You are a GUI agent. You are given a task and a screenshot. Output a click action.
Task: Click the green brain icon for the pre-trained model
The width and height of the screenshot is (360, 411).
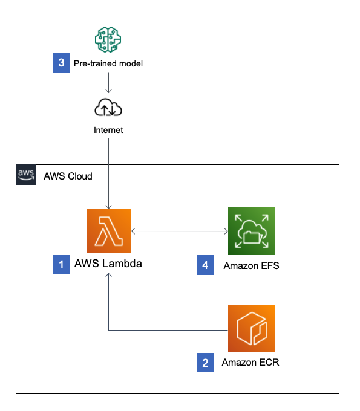[x=108, y=39]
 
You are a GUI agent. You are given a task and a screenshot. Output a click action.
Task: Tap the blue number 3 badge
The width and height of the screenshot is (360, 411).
[x=62, y=62]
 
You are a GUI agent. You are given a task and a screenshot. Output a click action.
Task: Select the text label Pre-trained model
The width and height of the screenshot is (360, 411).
[x=108, y=63]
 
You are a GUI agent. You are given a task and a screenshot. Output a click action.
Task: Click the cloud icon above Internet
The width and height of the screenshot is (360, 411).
[x=108, y=107]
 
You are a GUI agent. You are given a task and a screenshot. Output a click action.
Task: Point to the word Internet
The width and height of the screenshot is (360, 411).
[x=108, y=130]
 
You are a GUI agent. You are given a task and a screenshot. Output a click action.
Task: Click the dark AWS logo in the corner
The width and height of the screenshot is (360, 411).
[x=26, y=175]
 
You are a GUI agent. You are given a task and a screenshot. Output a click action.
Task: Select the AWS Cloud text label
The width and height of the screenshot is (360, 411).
[x=68, y=176]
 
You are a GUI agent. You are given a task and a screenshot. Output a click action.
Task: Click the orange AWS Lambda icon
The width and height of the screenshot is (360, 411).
[x=108, y=231]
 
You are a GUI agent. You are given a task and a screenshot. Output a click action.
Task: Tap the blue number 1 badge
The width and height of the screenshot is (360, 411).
[x=62, y=265]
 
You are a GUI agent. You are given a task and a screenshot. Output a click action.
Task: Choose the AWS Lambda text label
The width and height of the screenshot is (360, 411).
[x=108, y=264]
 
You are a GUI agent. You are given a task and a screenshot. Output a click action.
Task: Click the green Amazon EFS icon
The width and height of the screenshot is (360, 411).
[x=252, y=231]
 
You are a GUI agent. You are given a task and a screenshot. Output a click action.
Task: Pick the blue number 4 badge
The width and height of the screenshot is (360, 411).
[x=206, y=265]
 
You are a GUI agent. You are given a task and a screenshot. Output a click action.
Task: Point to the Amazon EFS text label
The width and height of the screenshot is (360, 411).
[x=251, y=265]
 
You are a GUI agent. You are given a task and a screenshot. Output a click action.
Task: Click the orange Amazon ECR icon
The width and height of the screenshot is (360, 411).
[x=252, y=328]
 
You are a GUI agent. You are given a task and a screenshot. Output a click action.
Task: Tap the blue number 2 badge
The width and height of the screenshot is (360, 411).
[x=206, y=363]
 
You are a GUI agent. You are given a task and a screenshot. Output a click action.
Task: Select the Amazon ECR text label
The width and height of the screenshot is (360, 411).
[x=250, y=362]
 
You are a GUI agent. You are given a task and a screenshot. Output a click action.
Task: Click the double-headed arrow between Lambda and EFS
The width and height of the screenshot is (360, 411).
[x=180, y=231]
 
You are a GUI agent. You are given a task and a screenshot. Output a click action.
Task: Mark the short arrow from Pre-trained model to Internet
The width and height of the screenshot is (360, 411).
[x=108, y=83]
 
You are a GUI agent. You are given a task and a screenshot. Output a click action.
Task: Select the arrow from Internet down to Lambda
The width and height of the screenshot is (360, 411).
[x=108, y=173]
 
